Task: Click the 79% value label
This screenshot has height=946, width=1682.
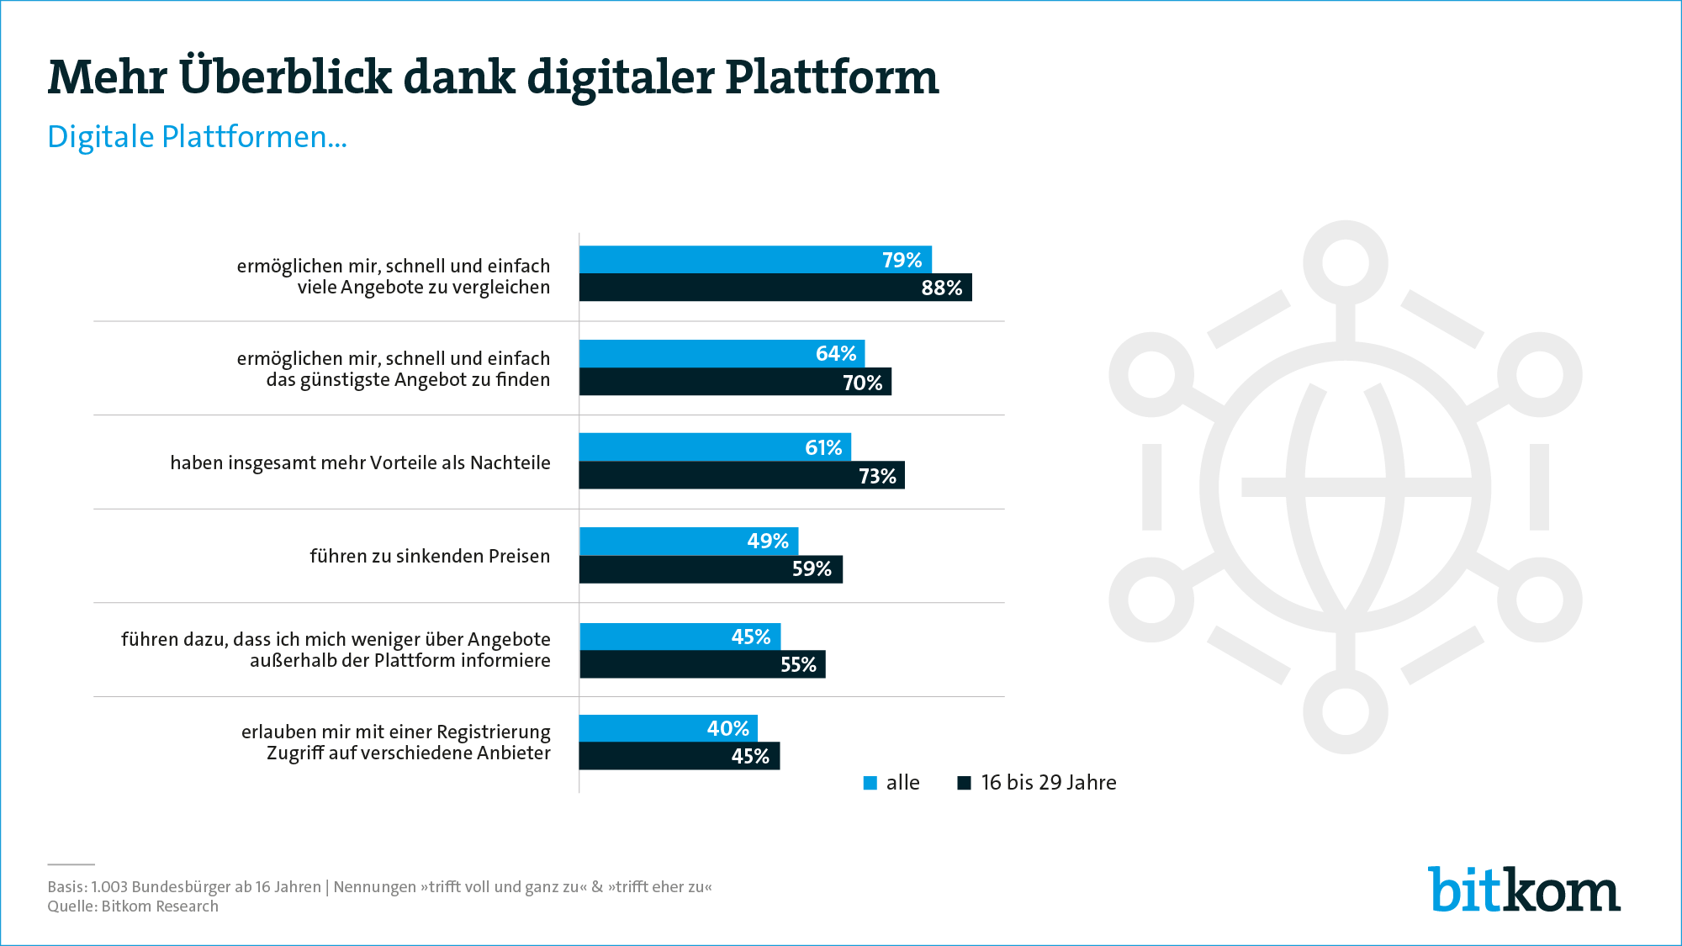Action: [902, 260]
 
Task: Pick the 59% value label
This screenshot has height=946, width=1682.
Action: [812, 569]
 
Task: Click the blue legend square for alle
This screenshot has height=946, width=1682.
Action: [870, 783]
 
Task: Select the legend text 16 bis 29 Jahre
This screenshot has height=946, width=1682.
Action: [1048, 783]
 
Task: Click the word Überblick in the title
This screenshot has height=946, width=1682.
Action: [285, 77]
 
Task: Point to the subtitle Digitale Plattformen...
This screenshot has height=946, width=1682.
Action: [197, 137]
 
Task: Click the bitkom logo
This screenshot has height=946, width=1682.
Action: [1524, 890]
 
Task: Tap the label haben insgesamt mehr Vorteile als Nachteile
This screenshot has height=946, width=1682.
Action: [360, 462]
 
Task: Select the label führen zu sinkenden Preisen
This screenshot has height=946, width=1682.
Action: [430, 556]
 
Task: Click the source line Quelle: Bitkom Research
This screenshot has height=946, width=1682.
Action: [133, 906]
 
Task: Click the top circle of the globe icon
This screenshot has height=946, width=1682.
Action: [1345, 262]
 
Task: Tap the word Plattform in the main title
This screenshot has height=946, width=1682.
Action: [831, 77]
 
